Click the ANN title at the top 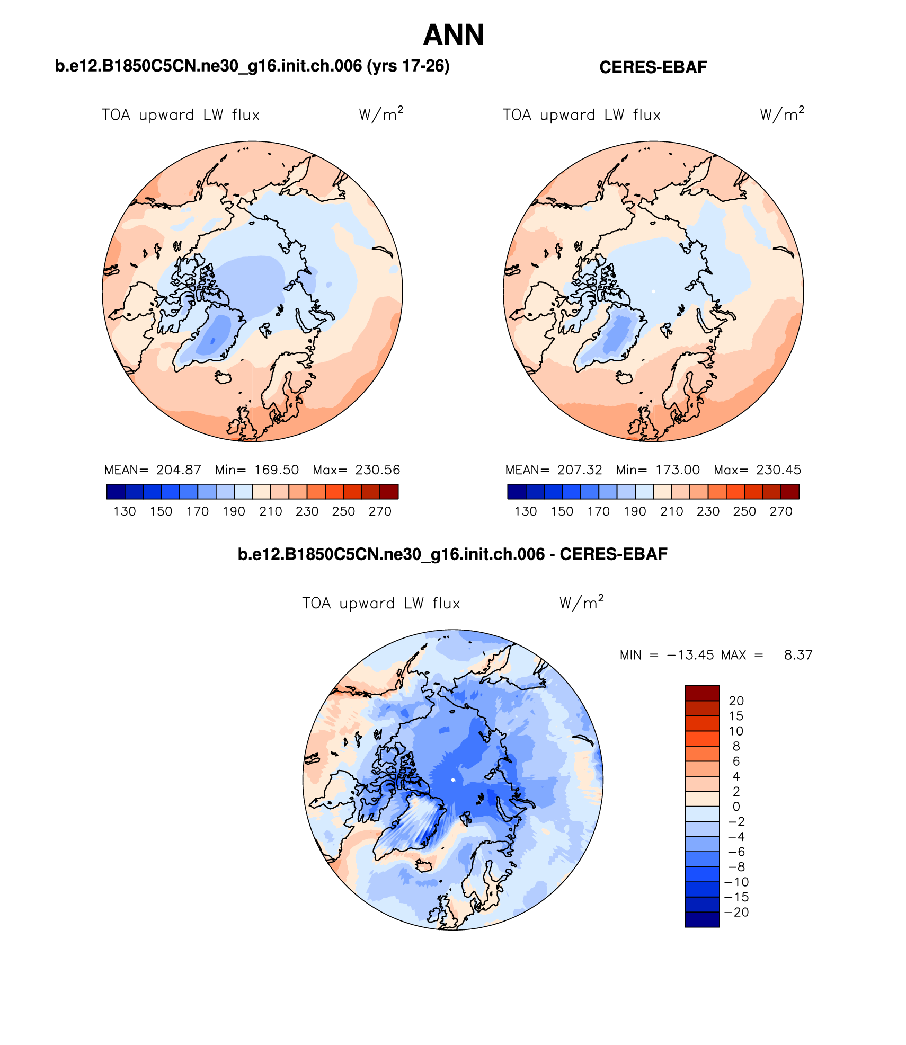click(x=454, y=35)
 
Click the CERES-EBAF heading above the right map click(x=653, y=67)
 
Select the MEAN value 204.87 click(x=179, y=470)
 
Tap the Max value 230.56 click(x=377, y=470)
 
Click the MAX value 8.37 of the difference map click(x=798, y=655)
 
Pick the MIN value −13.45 click(x=690, y=655)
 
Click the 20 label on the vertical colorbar click(x=736, y=701)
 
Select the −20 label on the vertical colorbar click(x=736, y=912)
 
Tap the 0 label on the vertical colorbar click(x=736, y=807)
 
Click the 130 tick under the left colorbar click(x=125, y=511)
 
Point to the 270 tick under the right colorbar click(x=780, y=511)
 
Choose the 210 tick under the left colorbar click(x=270, y=511)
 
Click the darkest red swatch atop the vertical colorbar click(x=702, y=693)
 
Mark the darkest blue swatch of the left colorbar click(x=116, y=492)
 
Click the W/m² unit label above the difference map click(x=581, y=603)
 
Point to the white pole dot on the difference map click(x=453, y=780)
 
